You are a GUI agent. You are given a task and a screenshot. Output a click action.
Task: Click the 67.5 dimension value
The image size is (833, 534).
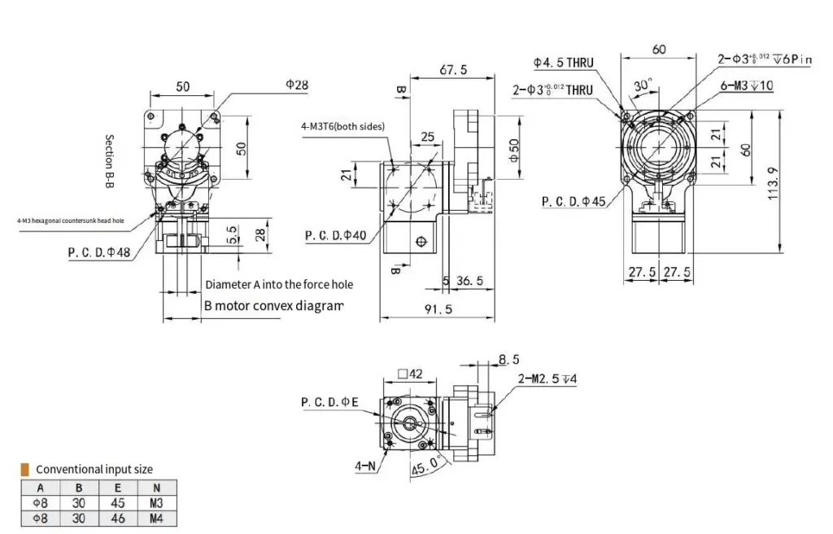click(x=453, y=70)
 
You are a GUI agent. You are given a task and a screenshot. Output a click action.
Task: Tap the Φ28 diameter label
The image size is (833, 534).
click(x=297, y=85)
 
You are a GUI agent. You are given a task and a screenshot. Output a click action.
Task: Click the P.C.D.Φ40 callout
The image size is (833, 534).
click(x=336, y=236)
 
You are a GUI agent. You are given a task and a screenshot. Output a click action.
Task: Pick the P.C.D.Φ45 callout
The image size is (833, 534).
click(x=574, y=201)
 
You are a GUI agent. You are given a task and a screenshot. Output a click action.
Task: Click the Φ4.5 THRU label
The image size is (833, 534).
click(x=564, y=62)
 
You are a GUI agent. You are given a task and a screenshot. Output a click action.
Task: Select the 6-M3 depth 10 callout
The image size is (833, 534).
click(x=747, y=85)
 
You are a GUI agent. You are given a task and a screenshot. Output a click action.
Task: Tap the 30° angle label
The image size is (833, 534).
click(x=643, y=85)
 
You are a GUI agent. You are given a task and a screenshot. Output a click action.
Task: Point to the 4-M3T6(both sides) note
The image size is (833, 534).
click(x=342, y=126)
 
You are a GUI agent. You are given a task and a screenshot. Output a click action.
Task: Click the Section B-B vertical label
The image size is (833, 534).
click(x=108, y=162)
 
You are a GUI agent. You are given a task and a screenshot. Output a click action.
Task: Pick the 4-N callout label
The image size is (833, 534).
click(x=364, y=466)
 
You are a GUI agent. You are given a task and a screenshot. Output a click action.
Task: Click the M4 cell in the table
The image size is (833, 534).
click(x=156, y=517)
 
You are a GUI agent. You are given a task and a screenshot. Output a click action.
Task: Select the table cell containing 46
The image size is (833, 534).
click(x=118, y=517)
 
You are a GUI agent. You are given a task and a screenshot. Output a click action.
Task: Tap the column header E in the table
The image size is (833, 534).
click(x=118, y=488)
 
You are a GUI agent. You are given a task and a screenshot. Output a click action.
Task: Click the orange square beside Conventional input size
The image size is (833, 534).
click(x=25, y=469)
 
